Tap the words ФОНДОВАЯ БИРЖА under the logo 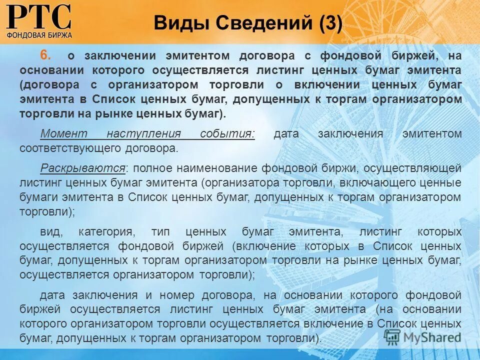39,35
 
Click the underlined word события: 227,134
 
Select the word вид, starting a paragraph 49,232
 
